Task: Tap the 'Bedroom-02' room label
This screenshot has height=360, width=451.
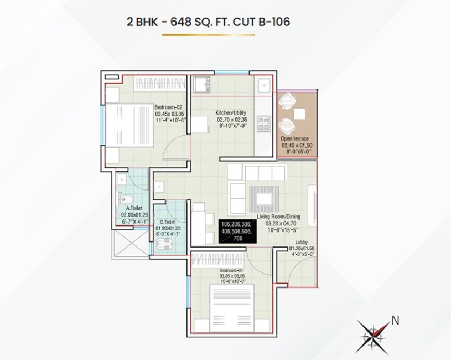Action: coord(168,107)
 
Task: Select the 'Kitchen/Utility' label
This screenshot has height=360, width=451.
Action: coord(231,113)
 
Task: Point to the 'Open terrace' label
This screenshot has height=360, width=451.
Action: coord(294,138)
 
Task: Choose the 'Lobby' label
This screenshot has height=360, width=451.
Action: coord(302,242)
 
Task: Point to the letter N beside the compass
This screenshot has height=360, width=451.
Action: coord(395,319)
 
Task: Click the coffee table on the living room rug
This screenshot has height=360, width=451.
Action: coord(267,197)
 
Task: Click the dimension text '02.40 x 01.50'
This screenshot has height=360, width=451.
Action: coord(294,145)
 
